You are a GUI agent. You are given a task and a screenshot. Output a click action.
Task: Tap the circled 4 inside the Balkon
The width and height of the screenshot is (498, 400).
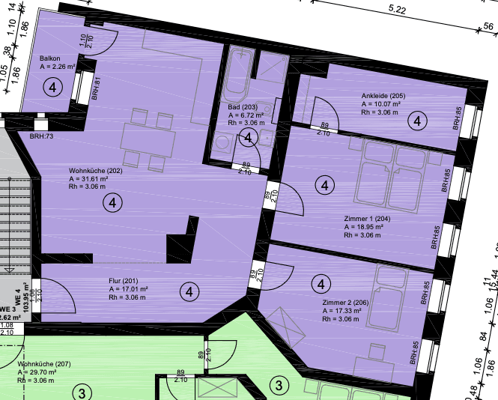(52, 88)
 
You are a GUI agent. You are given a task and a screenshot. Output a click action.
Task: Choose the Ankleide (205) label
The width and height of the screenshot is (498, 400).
(383, 95)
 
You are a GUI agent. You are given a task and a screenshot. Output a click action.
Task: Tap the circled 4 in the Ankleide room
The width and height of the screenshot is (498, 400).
(417, 120)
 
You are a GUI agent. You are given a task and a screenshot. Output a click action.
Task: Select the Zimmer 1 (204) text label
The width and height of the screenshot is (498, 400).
(366, 218)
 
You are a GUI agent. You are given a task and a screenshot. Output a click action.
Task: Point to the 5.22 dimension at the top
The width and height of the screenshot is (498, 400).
(398, 9)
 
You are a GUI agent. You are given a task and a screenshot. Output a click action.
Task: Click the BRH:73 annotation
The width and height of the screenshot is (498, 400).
(41, 136)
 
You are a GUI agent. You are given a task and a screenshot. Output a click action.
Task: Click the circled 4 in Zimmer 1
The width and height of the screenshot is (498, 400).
(324, 184)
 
